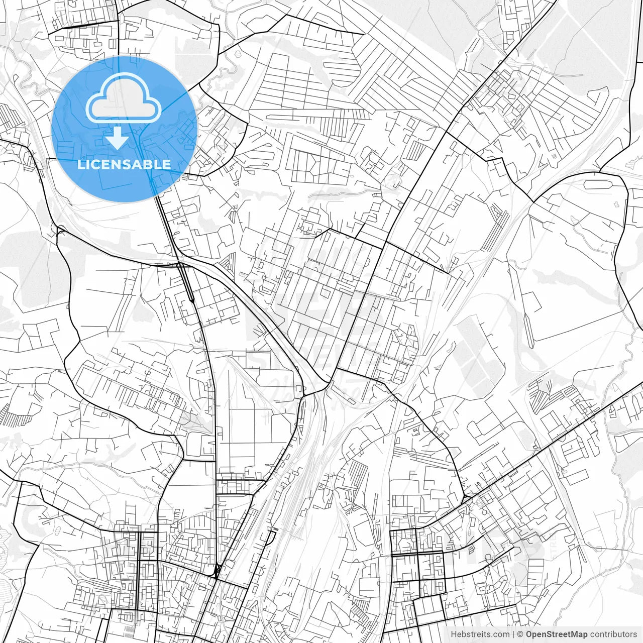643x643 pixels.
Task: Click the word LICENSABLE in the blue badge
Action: [124, 164]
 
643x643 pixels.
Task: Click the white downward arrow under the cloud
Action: [118, 139]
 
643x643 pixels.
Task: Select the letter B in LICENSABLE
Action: [151, 164]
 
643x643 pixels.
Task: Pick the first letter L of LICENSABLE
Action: [80, 164]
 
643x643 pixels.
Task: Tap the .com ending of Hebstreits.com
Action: [500, 634]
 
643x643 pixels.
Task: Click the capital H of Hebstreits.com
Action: [454, 634]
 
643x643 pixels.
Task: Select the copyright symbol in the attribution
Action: [521, 634]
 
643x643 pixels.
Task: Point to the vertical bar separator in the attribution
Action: [513, 634]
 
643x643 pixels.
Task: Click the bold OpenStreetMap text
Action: [556, 634]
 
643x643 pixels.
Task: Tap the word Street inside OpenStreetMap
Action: [559, 634]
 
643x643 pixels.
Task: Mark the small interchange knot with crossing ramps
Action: [218, 570]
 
